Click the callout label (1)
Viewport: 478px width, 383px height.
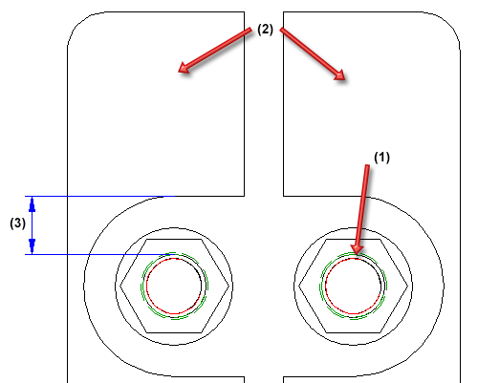(x=381, y=158)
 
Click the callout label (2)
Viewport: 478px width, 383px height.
(x=265, y=30)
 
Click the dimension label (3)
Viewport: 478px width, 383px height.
(x=17, y=223)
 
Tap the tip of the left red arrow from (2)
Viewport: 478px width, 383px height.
(x=179, y=72)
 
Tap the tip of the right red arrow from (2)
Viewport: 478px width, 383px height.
(x=345, y=79)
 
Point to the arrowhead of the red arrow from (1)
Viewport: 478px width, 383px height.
(x=357, y=254)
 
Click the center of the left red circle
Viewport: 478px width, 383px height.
(x=174, y=287)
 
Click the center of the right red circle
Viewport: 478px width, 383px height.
(x=353, y=287)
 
